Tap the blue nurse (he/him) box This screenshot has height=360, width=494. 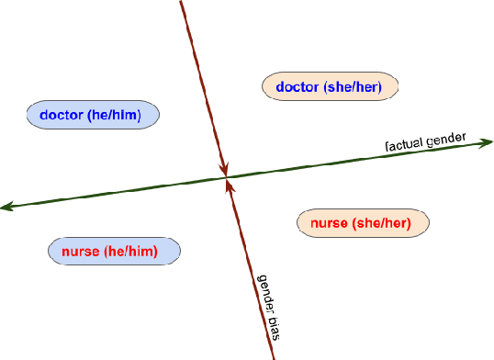114,251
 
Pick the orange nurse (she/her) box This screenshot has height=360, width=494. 364,222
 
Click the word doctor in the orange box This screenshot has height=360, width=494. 297,87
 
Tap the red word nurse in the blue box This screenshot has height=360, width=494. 80,251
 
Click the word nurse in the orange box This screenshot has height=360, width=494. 329,222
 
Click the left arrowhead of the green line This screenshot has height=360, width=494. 6,207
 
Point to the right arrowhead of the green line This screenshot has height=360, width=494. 488,142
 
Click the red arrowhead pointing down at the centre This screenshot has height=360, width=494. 223,169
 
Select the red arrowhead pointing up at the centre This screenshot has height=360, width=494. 229,186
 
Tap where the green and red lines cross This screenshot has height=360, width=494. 226,177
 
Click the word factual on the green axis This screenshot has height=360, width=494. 404,145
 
